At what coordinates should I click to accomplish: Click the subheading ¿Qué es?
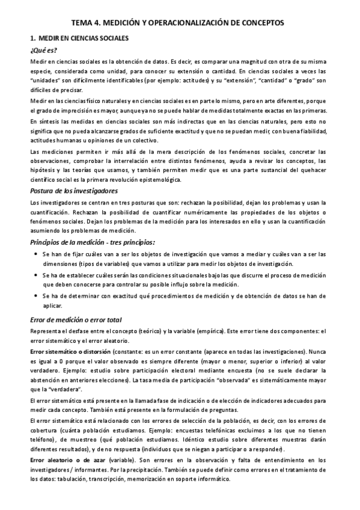[x=44, y=51]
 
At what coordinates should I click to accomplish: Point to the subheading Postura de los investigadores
[x=74, y=191]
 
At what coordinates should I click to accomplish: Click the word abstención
[x=48, y=380]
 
